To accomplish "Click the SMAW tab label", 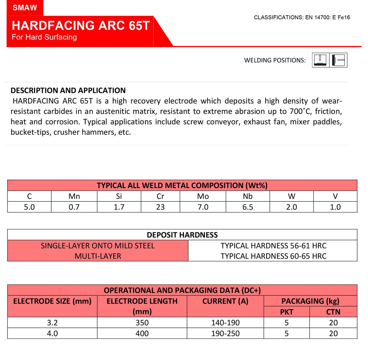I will click(x=25, y=8).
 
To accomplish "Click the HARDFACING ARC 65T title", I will click(x=81, y=25).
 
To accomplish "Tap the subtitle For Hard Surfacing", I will click(x=44, y=37).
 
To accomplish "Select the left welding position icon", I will click(x=320, y=60).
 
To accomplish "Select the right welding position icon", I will click(x=339, y=60).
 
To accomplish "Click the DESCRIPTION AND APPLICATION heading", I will click(x=68, y=90).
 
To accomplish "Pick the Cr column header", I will click(x=160, y=196).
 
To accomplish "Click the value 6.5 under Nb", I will click(x=247, y=207).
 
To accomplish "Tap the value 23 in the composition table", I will click(x=160, y=207).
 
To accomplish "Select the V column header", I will click(x=335, y=196).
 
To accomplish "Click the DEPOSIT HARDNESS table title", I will click(x=182, y=235).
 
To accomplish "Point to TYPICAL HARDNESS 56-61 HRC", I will click(x=273, y=246).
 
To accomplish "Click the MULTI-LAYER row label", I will click(x=98, y=256).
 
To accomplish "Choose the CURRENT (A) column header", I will click(x=225, y=301).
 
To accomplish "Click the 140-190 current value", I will click(x=225, y=323).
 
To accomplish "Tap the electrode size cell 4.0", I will click(x=52, y=333).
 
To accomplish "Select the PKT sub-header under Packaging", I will click(x=286, y=312).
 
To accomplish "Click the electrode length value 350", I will click(x=142, y=323).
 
